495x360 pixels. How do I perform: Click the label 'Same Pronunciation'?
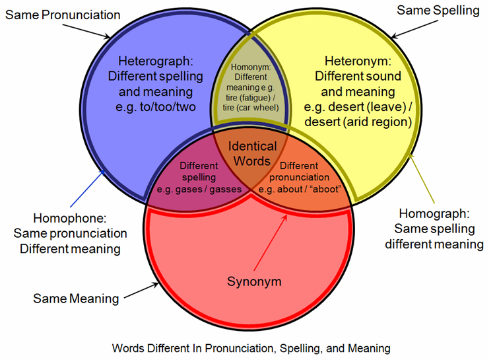[x=63, y=15]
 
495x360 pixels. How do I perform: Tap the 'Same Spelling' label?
[x=438, y=11]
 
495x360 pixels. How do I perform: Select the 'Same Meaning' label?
[x=76, y=299]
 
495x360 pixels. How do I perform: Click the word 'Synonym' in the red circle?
[x=254, y=281]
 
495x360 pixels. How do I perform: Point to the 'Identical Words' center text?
[x=252, y=154]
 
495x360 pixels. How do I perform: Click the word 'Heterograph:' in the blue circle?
[x=156, y=61]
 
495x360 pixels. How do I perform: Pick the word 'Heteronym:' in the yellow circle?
[x=358, y=61]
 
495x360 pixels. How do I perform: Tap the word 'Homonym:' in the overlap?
[x=251, y=67]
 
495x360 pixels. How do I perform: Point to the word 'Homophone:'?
[x=70, y=218]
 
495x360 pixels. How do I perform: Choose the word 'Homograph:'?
[x=434, y=213]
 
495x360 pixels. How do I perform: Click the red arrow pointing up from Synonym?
[x=271, y=242]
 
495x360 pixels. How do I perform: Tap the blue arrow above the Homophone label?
[x=87, y=188]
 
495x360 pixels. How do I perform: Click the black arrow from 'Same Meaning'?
[x=141, y=291]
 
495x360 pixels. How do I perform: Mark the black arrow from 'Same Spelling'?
[x=414, y=29]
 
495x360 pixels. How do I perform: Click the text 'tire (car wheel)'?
[x=251, y=108]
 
